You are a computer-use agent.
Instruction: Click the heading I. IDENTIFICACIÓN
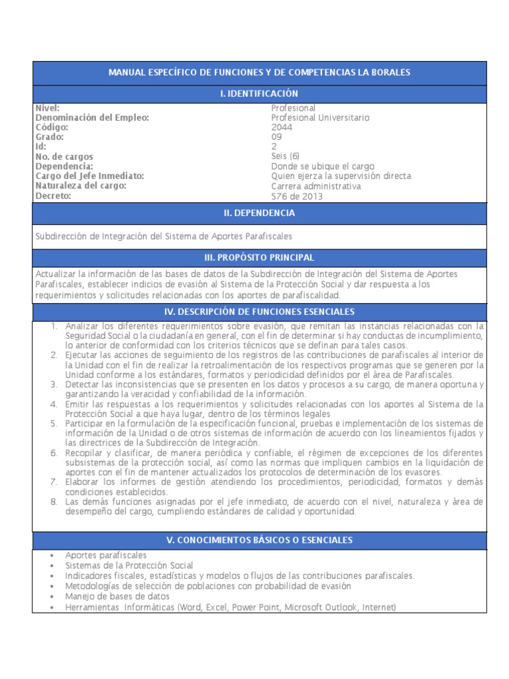click(259, 94)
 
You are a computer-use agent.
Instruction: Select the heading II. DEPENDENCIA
click(259, 214)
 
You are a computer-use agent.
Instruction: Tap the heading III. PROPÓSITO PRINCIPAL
click(259, 257)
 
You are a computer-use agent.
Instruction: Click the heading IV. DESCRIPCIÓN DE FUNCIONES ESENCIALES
click(259, 312)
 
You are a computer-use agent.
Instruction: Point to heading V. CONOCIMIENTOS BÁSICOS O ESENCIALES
click(259, 540)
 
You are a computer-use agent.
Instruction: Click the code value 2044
click(281, 127)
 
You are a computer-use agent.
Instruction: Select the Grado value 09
click(277, 137)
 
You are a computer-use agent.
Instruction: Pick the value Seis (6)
click(286, 156)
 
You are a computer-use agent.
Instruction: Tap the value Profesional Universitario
click(321, 118)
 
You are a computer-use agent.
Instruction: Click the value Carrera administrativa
click(316, 186)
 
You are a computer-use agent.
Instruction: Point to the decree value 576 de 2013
click(295, 196)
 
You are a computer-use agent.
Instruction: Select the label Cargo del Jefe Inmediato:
click(89, 176)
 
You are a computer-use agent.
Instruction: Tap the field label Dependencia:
click(64, 166)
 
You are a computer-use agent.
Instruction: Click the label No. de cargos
click(65, 156)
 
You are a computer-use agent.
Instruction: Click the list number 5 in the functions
click(54, 423)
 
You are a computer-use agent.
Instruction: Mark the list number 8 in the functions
click(54, 501)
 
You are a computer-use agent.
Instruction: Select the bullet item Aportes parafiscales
click(106, 555)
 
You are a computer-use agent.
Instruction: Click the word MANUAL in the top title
click(126, 72)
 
